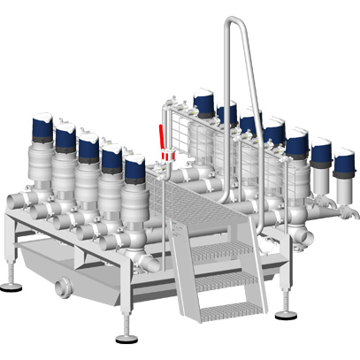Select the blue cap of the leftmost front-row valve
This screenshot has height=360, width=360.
click(x=42, y=126)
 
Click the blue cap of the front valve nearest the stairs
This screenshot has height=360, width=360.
click(x=134, y=165)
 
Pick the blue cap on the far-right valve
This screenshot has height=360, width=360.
click(x=343, y=161)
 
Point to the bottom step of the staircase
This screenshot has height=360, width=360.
click(x=231, y=310)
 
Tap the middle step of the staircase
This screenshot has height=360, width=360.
click(x=223, y=280)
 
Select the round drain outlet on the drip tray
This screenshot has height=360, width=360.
click(x=61, y=288)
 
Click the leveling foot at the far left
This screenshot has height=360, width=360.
click(x=11, y=285)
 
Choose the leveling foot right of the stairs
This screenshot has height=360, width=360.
click(x=286, y=314)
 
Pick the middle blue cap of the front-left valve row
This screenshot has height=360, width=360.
click(x=88, y=143)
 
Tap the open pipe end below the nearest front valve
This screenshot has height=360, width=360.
click(x=153, y=263)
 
